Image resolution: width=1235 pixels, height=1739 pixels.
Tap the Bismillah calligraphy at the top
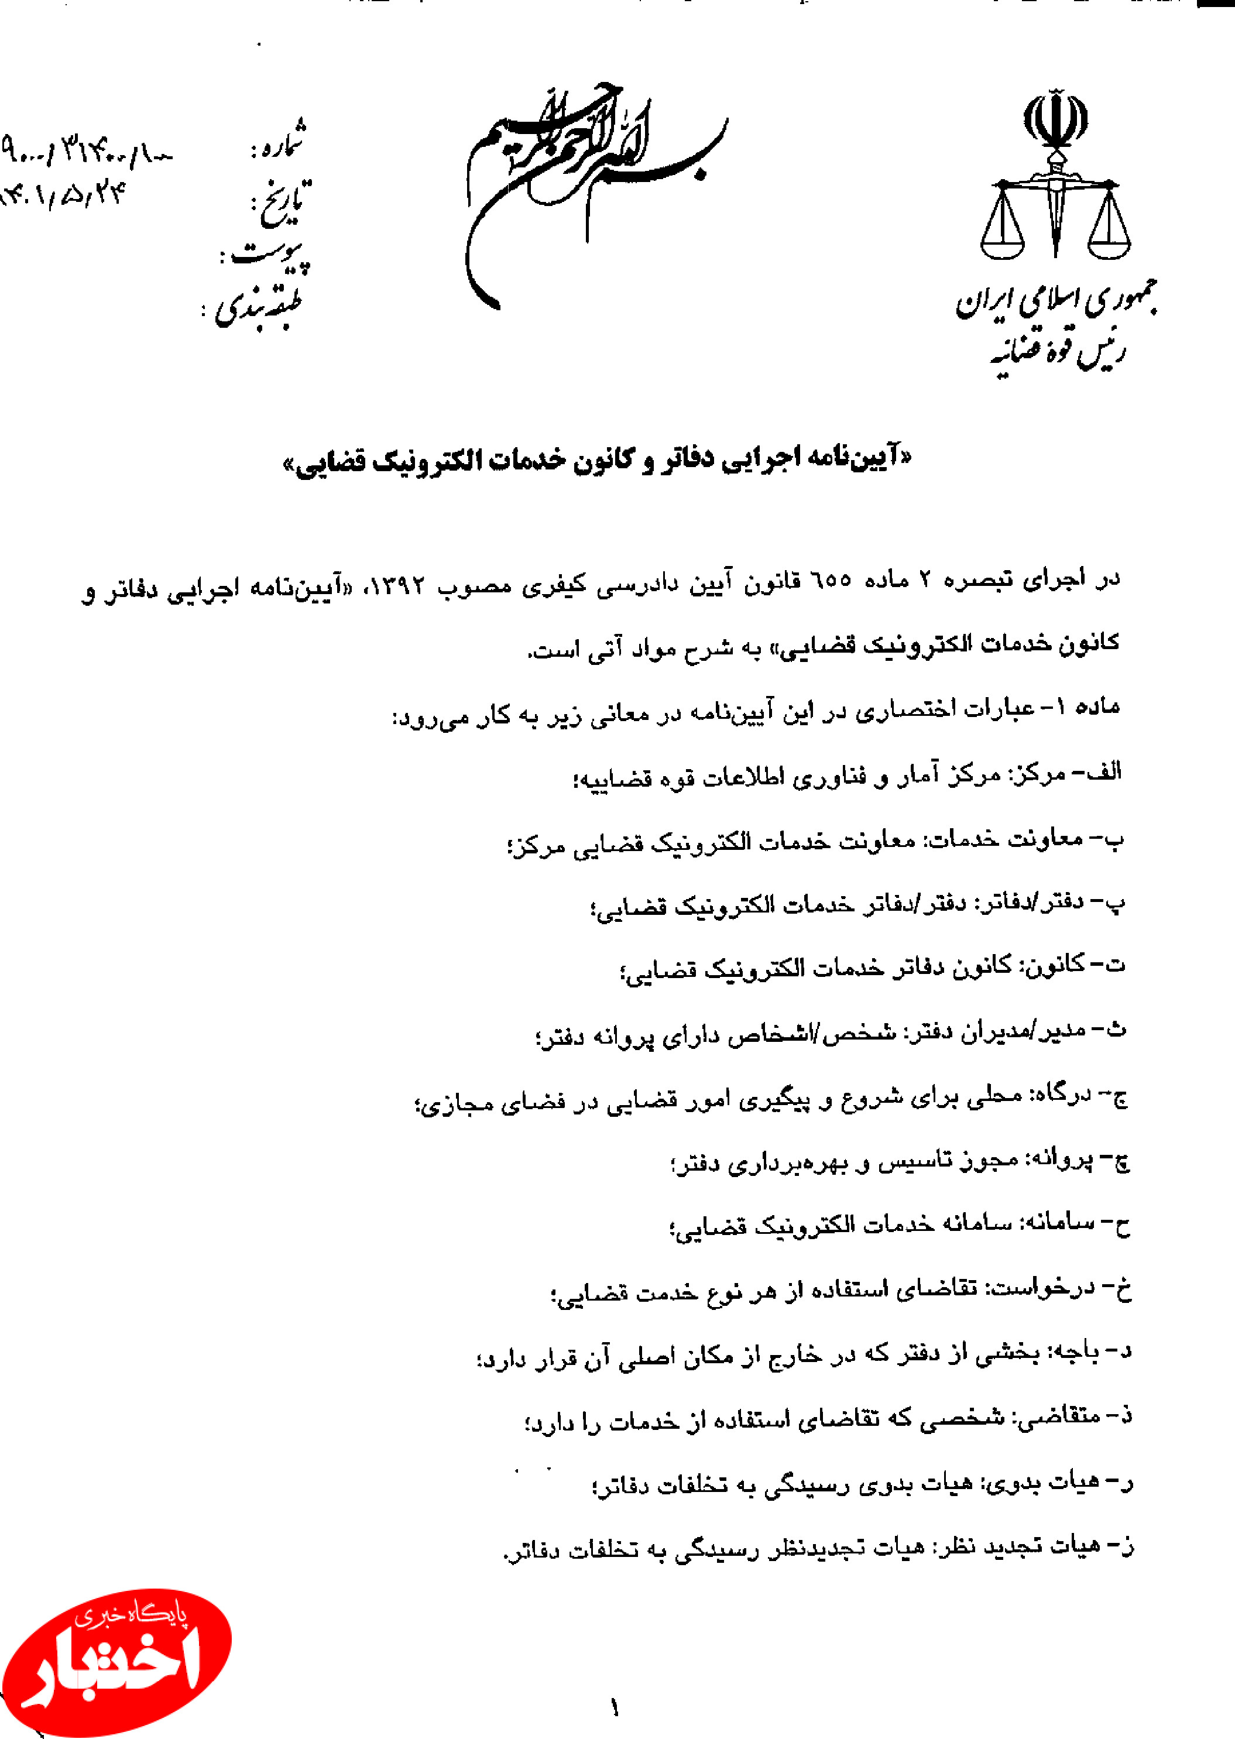pos(593,190)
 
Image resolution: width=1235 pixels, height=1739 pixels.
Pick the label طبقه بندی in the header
pos(259,308)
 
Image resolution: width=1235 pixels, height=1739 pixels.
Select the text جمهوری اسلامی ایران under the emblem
pos(1057,303)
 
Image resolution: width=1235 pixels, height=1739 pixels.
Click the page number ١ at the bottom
pos(615,1709)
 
